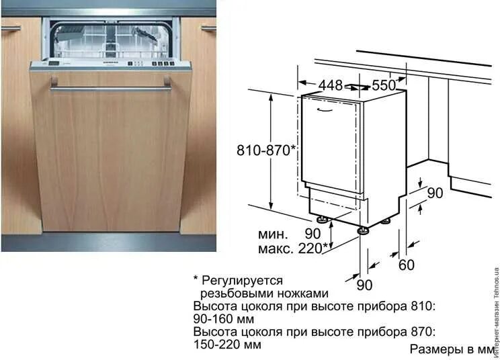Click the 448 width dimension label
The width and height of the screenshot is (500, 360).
point(330,85)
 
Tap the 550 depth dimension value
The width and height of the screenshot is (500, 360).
point(384,85)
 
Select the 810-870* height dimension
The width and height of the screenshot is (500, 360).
point(265,150)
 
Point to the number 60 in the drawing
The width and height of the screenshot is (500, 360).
point(406,265)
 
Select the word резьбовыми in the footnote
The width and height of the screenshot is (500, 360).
point(232,293)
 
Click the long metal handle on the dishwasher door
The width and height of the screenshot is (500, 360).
point(111,87)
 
